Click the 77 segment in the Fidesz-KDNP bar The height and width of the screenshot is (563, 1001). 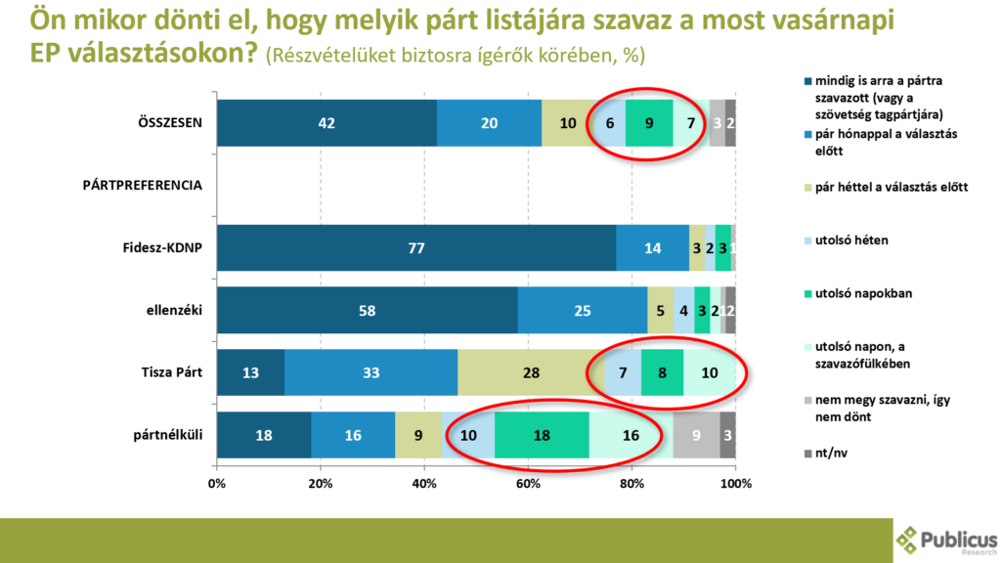416,247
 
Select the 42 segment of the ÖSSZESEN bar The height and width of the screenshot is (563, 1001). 326,123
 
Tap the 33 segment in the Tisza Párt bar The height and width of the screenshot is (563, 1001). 370,372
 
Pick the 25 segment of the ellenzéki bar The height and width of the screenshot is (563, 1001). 583,310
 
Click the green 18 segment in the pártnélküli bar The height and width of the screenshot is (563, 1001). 542,435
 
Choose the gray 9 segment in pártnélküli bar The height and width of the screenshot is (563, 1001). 696,435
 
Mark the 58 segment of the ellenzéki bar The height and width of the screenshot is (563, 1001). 368,310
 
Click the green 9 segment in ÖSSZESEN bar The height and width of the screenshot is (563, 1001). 649,123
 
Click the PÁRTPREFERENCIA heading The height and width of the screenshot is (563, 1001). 142,185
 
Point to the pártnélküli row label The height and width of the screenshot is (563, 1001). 168,435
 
